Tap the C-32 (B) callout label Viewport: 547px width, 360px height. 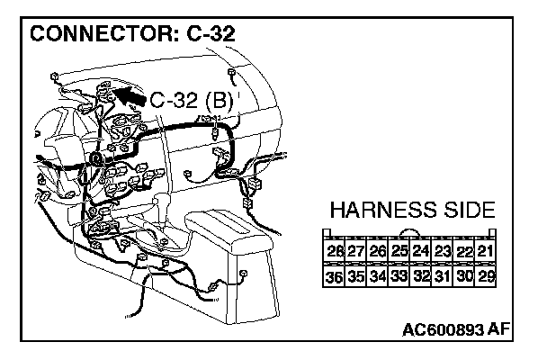tap(191, 100)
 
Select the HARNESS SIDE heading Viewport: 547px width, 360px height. tap(412, 211)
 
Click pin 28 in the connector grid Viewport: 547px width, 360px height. tap(335, 251)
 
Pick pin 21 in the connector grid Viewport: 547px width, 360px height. tap(486, 251)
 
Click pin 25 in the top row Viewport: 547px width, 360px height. tap(399, 251)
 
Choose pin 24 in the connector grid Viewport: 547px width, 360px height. tap(421, 251)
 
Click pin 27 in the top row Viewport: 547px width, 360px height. tap(356, 251)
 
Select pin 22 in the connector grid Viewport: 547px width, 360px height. tap(464, 251)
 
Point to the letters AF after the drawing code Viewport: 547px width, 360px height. tap(498, 330)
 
